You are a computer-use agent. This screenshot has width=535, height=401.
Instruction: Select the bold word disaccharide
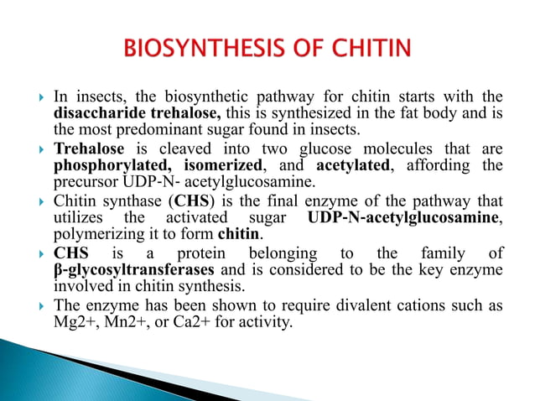pos(98,112)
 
